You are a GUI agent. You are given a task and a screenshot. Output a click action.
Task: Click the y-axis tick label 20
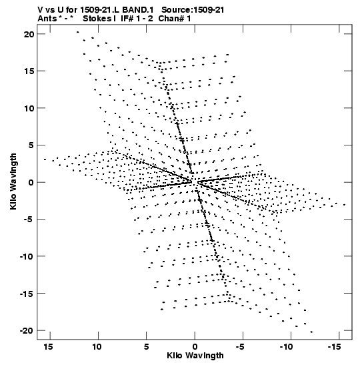tap(29, 34)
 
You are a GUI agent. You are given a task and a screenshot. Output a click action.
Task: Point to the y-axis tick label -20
tap(27, 330)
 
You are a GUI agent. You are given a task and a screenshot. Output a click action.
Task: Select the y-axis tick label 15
tap(29, 71)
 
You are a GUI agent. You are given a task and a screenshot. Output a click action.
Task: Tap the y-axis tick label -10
tap(27, 256)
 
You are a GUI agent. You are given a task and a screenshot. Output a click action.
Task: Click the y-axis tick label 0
tap(31, 182)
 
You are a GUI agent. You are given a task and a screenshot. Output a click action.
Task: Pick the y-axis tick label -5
tap(29, 220)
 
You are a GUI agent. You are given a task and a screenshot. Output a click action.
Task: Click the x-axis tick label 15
tap(48, 346)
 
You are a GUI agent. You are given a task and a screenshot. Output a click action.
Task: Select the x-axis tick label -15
tap(335, 346)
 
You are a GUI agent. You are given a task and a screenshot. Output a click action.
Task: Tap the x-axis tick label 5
tap(146, 346)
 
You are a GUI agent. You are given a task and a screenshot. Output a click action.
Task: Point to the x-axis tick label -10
tap(286, 346)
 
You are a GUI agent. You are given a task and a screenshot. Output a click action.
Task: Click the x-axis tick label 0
tap(195, 346)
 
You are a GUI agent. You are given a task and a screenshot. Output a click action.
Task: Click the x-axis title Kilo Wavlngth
tap(195, 356)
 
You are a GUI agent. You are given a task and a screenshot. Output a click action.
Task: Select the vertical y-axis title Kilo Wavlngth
tap(13, 181)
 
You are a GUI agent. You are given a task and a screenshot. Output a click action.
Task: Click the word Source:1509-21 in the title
tap(193, 10)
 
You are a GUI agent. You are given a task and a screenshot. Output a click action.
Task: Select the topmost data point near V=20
tap(78, 32)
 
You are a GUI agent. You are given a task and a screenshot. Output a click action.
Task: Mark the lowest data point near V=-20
tap(311, 332)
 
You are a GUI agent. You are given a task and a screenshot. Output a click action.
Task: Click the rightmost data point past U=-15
tap(345, 205)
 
